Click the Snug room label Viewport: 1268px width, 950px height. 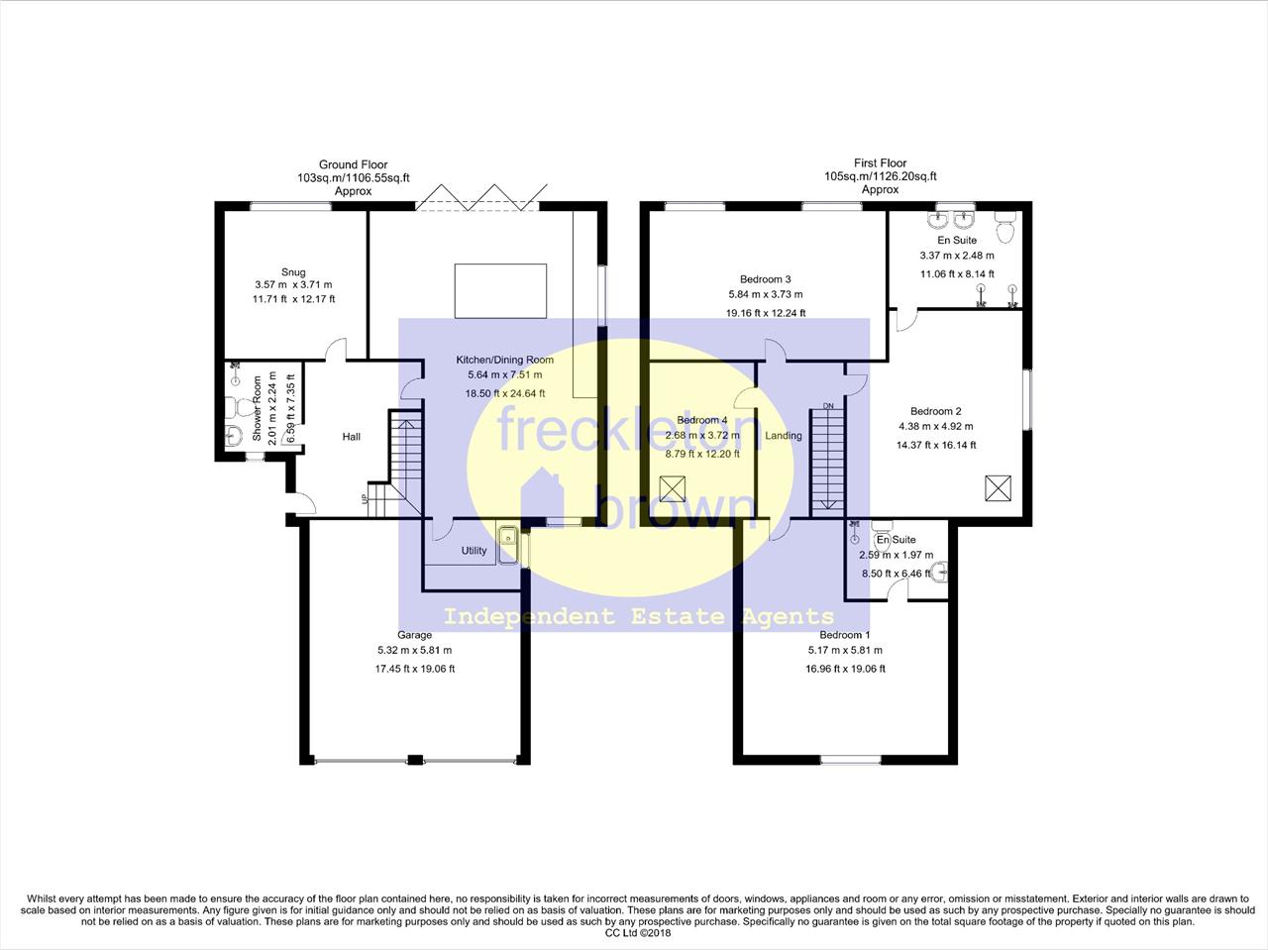pos(293,272)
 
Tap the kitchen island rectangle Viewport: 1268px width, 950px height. pos(500,291)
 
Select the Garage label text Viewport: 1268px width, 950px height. pos(415,635)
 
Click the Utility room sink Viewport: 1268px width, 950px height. pos(509,545)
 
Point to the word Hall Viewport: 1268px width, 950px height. pos(352,437)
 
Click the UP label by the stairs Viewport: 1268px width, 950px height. pos(365,498)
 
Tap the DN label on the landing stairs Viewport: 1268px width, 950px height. pos(828,406)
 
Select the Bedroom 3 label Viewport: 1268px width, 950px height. pos(766,279)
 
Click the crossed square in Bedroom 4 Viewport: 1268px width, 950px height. pos(672,488)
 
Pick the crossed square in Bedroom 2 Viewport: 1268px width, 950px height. pos(999,487)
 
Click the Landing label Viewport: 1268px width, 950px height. pos(784,436)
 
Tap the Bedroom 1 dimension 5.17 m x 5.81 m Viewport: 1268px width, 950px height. pos(845,650)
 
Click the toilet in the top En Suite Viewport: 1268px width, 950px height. pos(1005,227)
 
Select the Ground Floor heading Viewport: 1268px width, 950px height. pos(353,164)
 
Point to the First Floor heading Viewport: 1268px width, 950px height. pos(881,163)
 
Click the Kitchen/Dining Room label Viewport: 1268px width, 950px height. pos(505,360)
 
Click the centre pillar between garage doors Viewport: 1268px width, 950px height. pos(415,760)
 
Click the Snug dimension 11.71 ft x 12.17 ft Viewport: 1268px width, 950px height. pos(293,299)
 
